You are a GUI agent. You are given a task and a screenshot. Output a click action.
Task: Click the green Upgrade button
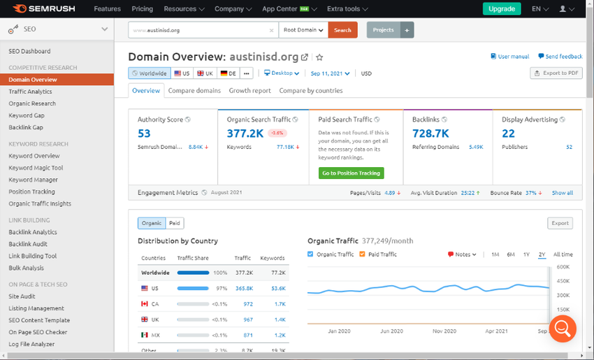pos(501,9)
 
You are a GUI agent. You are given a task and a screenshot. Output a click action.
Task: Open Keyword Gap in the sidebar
pos(27,115)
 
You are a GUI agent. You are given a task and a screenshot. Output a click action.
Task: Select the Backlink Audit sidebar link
pos(28,244)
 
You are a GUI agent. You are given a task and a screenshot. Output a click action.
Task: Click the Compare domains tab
pos(194,90)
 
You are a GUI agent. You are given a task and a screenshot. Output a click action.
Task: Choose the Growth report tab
pos(249,90)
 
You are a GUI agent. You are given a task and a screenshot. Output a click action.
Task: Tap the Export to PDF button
pos(556,73)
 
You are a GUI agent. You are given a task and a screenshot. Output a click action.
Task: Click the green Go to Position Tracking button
pos(351,173)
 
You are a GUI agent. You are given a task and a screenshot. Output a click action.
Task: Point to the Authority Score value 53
pos(144,134)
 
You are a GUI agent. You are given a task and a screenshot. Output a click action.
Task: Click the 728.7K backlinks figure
pos(431,134)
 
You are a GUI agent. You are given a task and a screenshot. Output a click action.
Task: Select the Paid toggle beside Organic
pos(175,223)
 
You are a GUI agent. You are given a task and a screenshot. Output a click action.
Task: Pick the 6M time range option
pos(511,254)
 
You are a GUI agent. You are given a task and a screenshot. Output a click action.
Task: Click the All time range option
pos(563,254)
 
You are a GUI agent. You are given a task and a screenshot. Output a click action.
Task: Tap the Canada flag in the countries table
pos(145,304)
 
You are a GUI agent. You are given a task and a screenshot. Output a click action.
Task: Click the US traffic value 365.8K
pos(243,288)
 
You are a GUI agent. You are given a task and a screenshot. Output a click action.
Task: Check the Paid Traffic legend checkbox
pos(363,254)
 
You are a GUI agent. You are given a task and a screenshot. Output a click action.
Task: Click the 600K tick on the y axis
pos(563,267)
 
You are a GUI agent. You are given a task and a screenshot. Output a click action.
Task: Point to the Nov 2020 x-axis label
pos(444,331)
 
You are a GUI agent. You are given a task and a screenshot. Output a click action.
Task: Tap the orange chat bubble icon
pos(563,328)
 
